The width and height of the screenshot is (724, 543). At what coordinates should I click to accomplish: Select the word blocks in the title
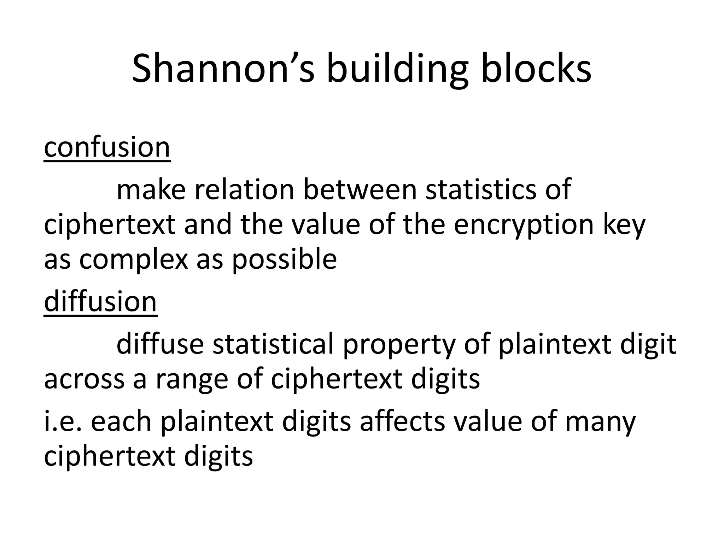536,69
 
